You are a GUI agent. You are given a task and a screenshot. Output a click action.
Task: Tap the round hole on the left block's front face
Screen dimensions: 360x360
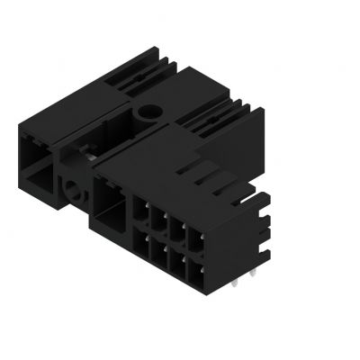tap(73, 190)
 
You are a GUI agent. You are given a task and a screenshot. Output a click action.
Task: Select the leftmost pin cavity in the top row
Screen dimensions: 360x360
tap(142, 214)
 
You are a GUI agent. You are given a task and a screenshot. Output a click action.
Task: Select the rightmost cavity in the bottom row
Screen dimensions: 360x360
tap(196, 255)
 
